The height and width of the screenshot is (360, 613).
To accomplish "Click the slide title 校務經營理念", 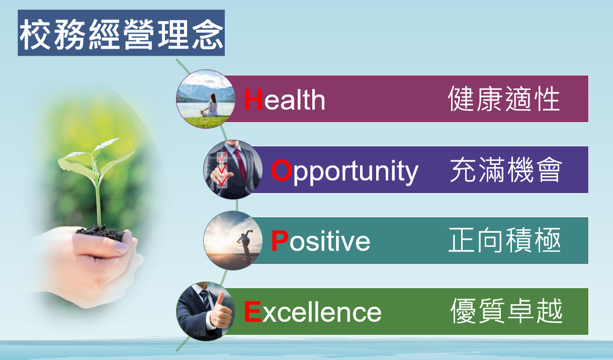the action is [x=121, y=34].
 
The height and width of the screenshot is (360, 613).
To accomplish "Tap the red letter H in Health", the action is [x=253, y=100].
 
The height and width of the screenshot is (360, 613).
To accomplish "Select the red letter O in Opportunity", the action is [x=281, y=170].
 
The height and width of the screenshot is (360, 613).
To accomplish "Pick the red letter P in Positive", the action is [x=280, y=241].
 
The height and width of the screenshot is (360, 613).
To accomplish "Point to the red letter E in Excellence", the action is [x=252, y=312].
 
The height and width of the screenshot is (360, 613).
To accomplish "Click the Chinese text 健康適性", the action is [x=504, y=99].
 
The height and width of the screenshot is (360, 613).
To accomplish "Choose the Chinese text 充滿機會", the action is [x=506, y=170].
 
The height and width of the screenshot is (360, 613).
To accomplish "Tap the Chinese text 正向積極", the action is [x=504, y=240].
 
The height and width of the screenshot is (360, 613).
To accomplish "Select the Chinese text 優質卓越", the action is [x=506, y=311].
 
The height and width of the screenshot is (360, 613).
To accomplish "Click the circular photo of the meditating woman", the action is [x=206, y=99].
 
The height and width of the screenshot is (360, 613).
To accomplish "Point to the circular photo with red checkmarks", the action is [x=233, y=169].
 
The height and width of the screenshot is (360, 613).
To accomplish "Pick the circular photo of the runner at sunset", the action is [x=233, y=240].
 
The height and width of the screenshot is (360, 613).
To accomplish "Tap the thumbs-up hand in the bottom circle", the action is [x=221, y=311].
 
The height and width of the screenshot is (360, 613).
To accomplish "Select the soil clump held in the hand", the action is [x=101, y=232].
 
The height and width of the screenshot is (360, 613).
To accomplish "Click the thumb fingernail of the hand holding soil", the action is [x=121, y=247].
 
